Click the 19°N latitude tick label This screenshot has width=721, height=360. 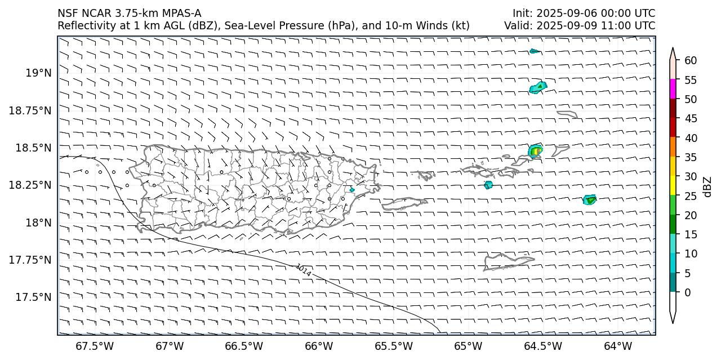[39, 73]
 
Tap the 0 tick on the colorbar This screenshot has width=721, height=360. [687, 292]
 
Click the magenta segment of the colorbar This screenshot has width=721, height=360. [673, 89]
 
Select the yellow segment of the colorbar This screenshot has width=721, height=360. [673, 185]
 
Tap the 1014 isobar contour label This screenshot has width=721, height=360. [303, 270]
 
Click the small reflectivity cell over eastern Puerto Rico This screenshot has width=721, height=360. [352, 190]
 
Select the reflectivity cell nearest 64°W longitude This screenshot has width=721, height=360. [589, 199]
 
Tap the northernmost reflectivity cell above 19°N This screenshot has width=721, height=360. [534, 51]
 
